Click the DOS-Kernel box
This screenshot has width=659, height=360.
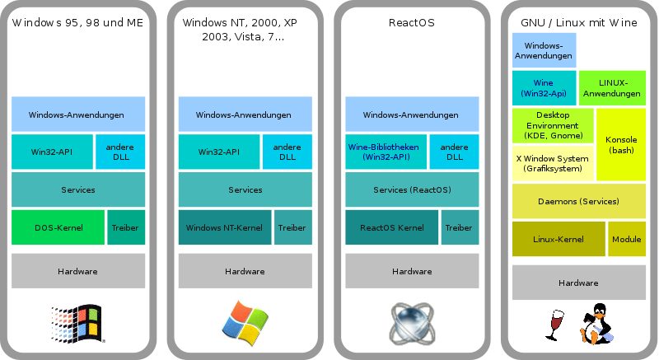[58, 227]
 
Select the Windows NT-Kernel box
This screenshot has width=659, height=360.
[225, 227]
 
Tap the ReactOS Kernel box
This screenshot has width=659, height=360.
[392, 227]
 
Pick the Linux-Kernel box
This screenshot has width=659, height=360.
[559, 239]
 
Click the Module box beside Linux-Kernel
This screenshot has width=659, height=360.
[627, 239]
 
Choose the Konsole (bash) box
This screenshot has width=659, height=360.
[621, 144]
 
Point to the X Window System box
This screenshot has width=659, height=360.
[553, 163]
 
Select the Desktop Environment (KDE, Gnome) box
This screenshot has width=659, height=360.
[553, 125]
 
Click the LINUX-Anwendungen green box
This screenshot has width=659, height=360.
[612, 88]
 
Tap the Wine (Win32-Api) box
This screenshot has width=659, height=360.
[544, 88]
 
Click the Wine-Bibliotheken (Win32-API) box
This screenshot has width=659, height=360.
[386, 152]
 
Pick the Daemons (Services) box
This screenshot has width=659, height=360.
[579, 201]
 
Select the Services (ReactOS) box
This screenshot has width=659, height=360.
[412, 189]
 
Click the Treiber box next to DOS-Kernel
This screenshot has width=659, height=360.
[126, 227]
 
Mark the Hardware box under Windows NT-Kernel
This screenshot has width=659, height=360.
[245, 271]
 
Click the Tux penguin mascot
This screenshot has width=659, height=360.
[596, 324]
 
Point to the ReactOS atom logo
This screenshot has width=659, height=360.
[412, 324]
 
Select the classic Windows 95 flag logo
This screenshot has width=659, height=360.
[77, 324]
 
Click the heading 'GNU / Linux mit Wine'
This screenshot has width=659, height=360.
[579, 23]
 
